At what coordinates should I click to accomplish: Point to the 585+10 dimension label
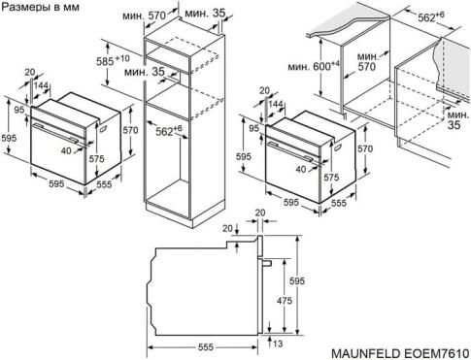pyautogui.click(x=115, y=61)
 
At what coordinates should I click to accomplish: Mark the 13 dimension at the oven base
pyautogui.click(x=278, y=344)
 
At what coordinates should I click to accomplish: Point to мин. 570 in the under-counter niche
pyautogui.click(x=365, y=62)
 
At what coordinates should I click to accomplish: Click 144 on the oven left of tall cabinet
pyautogui.click(x=41, y=86)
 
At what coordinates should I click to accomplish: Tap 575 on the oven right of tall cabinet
pyautogui.click(x=332, y=179)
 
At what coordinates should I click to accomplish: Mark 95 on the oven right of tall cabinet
pyautogui.click(x=254, y=127)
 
